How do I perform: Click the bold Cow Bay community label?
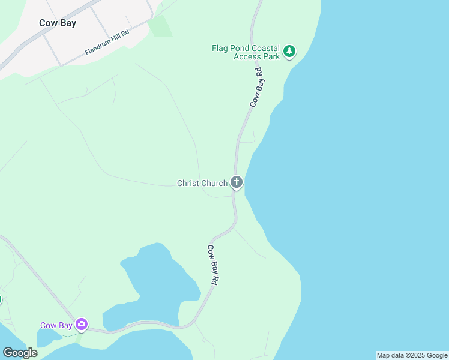58,23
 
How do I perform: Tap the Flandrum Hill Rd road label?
107,43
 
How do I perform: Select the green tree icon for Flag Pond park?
290,52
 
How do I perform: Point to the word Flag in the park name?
220,48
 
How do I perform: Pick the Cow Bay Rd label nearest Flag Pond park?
256,88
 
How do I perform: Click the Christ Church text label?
202,183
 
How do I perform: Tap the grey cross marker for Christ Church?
237,182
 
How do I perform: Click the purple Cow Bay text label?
56,326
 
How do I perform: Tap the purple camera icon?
81,325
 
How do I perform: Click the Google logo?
20,353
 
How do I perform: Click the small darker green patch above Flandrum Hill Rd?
159,26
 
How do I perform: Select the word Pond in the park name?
237,48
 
